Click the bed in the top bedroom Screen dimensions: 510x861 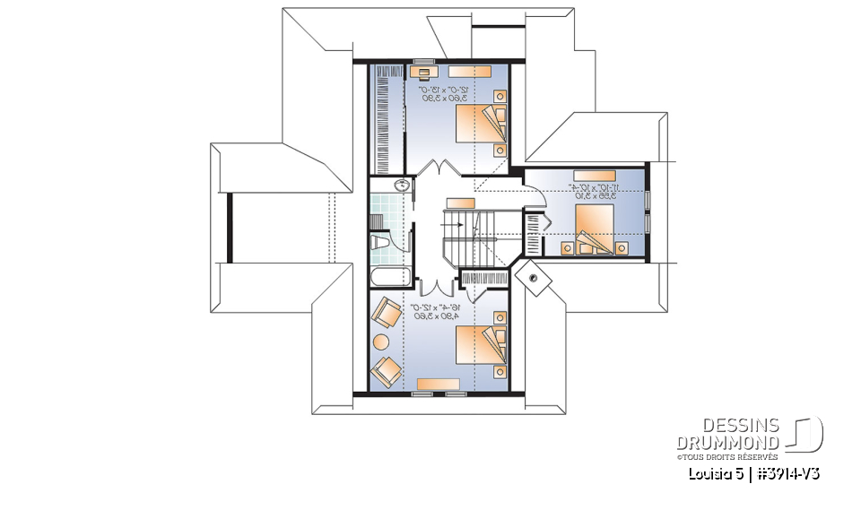(x=481, y=124)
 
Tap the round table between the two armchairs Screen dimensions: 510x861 (x=381, y=341)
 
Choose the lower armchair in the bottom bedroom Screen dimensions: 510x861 (x=387, y=369)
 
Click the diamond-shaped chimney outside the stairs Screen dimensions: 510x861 (x=536, y=277)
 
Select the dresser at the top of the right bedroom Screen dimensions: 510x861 (x=594, y=176)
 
